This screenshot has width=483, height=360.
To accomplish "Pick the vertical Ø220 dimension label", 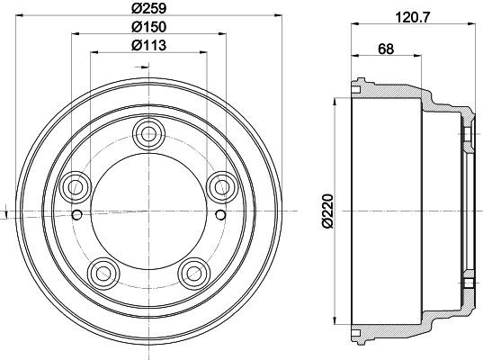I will (x=325, y=212).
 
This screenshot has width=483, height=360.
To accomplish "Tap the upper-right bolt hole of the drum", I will (x=219, y=187).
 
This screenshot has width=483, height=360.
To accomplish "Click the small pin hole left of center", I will (x=78, y=214).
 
